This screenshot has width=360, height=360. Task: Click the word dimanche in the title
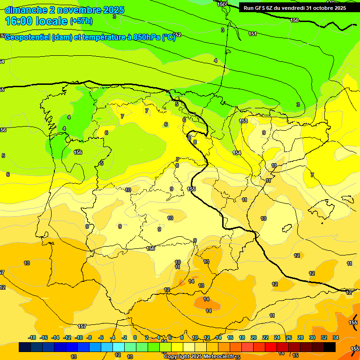point(25,10)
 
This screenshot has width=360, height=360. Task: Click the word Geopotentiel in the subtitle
point(27,37)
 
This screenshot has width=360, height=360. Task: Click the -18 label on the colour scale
point(32,337)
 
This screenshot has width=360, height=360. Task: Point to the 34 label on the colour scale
point(336,337)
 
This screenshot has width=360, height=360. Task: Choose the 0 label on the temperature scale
point(135,337)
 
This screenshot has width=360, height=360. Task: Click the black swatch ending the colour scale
point(330,347)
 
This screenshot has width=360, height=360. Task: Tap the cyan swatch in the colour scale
point(119,347)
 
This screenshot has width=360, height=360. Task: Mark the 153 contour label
point(243,121)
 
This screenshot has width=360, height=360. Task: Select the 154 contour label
point(237,153)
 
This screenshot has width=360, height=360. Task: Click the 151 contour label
point(253,34)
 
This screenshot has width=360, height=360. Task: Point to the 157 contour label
point(82,326)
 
